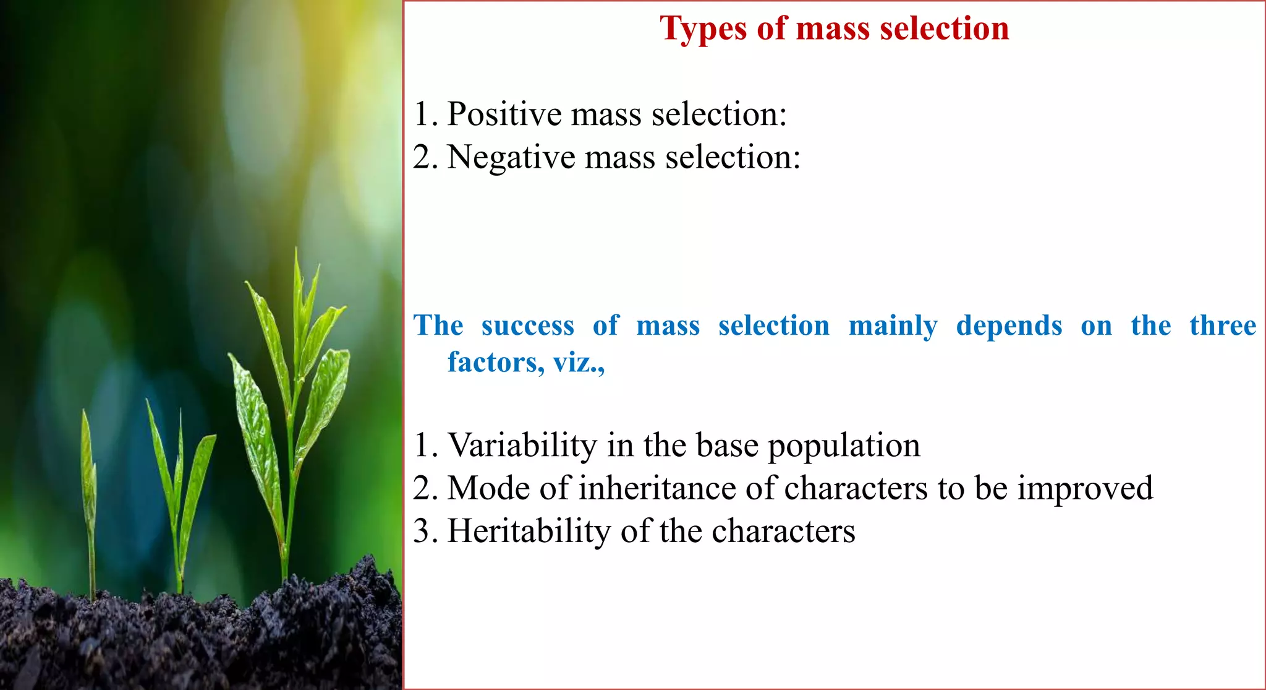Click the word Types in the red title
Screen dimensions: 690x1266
703,29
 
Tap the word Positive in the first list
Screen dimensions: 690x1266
504,114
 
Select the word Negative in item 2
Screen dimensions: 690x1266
511,157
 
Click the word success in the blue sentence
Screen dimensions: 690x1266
527,326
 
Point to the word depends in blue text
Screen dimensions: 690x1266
1008,327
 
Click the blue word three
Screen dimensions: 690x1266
1222,326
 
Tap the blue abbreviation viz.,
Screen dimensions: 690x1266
579,363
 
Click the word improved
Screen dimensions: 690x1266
1085,489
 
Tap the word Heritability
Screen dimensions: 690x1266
528,531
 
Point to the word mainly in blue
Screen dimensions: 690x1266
893,327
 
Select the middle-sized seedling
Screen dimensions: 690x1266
179,489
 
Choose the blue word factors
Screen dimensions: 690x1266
495,363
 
